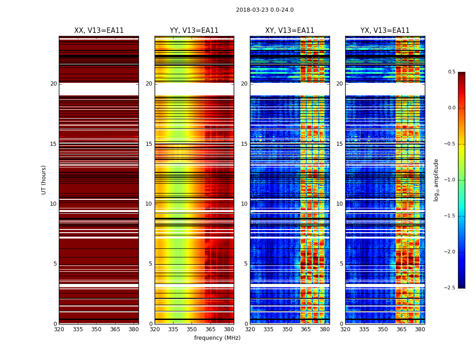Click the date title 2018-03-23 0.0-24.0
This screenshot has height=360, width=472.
tap(265, 10)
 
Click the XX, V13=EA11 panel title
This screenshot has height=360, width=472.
tap(99, 31)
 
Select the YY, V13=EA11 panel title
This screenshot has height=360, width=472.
tap(194, 31)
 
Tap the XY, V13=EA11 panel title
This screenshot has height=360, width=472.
tap(289, 31)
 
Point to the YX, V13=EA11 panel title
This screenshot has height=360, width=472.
tap(385, 31)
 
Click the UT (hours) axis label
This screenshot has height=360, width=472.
tap(44, 180)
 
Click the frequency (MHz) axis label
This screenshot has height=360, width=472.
tap(217, 338)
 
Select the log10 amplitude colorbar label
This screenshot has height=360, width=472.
tap(436, 180)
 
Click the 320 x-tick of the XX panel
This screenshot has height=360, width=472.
tap(59, 329)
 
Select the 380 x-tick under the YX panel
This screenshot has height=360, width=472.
tap(420, 329)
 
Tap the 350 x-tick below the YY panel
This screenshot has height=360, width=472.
tap(192, 329)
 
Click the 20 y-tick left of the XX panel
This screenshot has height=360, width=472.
tap(53, 84)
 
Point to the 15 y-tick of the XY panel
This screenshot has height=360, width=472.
tap(244, 144)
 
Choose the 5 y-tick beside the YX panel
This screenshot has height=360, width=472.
tap(341, 264)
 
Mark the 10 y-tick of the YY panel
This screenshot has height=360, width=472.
tap(149, 204)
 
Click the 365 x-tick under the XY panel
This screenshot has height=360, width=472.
tap(306, 329)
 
